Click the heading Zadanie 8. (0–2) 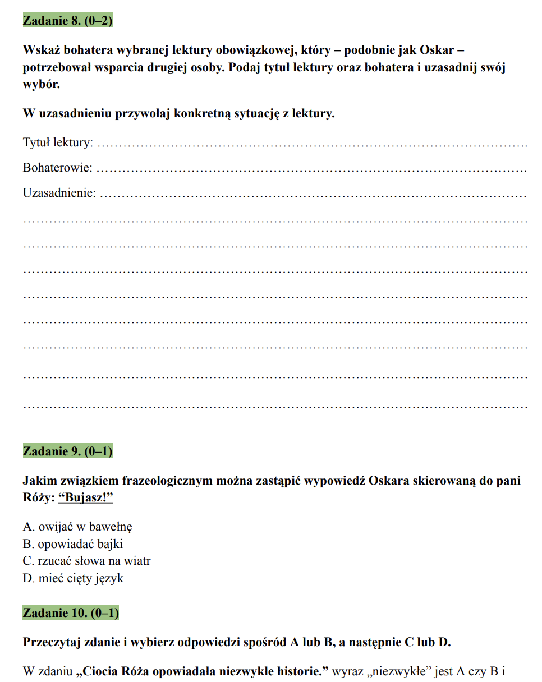point(67,21)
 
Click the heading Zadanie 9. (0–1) point(67,451)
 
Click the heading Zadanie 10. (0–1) point(71,613)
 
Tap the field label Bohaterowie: point(57,168)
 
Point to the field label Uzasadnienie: point(59,193)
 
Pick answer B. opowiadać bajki point(73,544)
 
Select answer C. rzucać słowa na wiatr point(86,561)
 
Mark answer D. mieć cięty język point(73,578)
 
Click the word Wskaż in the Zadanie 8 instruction point(40,50)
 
